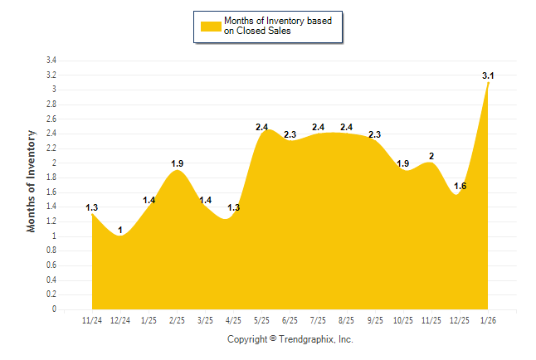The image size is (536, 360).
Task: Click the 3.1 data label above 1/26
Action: point(489,76)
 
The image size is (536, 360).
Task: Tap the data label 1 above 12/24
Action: point(120,230)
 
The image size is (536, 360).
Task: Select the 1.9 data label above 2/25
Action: point(177,163)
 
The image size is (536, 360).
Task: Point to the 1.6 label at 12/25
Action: point(460,186)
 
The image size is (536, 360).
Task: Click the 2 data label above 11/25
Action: point(431,156)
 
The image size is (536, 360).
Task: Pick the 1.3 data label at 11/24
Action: point(92,207)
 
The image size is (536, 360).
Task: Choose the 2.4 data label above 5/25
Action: point(262,127)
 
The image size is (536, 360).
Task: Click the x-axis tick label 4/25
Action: point(233,320)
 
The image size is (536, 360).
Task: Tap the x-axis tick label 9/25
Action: point(375,320)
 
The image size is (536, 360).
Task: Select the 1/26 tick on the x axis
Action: point(489,320)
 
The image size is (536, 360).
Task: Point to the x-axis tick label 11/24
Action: point(92,320)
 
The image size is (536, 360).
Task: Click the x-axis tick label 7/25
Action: point(319,320)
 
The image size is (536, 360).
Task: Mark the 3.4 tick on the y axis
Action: point(51,61)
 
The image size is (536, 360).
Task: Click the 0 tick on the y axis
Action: point(54,309)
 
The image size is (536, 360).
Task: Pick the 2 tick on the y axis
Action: point(54,163)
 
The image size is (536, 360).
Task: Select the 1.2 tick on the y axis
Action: point(51,221)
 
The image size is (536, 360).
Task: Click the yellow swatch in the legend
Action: point(210,26)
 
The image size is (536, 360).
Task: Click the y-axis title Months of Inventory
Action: point(32,180)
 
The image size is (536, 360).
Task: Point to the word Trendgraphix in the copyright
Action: point(305,339)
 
